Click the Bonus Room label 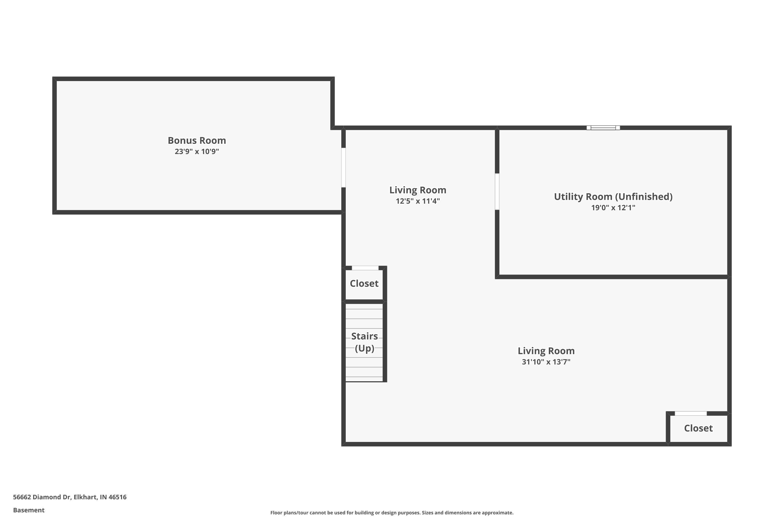197,140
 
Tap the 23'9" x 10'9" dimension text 197,151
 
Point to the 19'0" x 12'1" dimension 613,207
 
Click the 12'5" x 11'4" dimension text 418,201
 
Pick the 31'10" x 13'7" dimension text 546,362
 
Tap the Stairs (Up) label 364,342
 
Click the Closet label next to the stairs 364,283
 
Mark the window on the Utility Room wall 603,128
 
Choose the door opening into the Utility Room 497,191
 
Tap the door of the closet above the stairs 365,268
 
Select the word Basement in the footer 29,510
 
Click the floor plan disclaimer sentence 392,513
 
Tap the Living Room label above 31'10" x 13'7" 546,351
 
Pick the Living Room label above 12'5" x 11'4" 418,190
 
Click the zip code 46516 117,497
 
